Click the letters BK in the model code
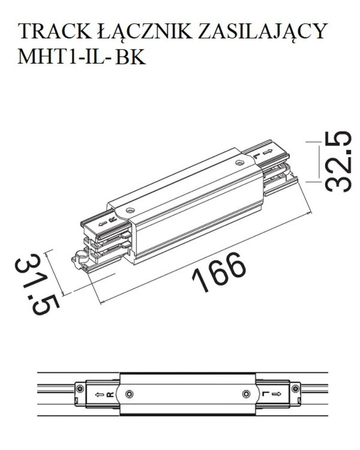pos(132,58)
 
